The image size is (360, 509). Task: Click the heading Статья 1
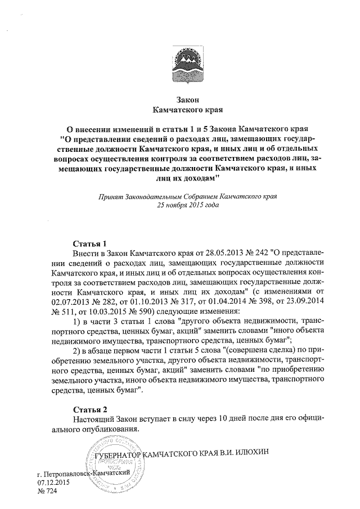pyautogui.click(x=90, y=244)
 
